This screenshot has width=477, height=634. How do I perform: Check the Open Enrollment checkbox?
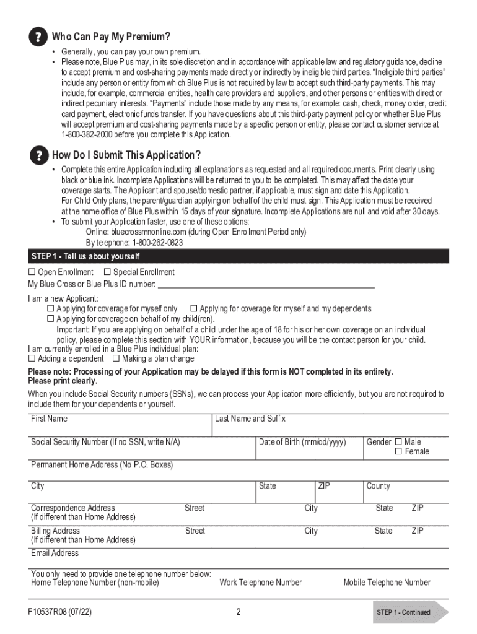point(32,272)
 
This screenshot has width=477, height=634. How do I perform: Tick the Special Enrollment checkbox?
point(107,272)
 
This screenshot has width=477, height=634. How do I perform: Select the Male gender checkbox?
point(398,442)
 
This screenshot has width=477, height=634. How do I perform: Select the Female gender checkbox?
point(398,452)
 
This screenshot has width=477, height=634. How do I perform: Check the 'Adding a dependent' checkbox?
point(32,358)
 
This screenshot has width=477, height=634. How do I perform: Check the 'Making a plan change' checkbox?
point(116,358)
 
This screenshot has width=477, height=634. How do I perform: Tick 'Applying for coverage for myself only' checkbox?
point(51,309)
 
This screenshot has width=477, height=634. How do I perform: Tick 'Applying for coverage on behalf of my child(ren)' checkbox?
point(51,319)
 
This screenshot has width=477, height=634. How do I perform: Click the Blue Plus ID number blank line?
point(266,285)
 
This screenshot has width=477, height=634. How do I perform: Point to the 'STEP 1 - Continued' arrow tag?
point(409,612)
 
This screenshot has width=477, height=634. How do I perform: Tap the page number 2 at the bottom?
point(238,612)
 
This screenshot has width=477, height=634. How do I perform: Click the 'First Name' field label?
point(49,419)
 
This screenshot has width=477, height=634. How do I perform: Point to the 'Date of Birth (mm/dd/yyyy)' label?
point(302,442)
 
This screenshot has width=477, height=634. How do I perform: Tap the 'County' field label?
point(378,486)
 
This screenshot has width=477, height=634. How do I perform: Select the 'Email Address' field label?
point(55,553)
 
